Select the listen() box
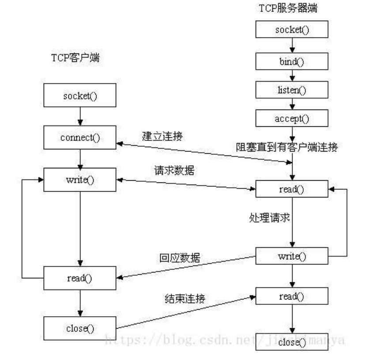tap(292, 90)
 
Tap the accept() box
tap(292, 118)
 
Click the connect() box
tap(80, 137)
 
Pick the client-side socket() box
tap(80, 96)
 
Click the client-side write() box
tap(80, 180)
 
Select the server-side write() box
tap(292, 256)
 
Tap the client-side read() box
tap(80, 278)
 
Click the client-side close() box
tap(80, 328)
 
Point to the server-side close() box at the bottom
tap(292, 342)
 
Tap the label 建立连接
tap(162, 136)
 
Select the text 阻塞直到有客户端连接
tap(286, 147)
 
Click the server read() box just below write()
tap(292, 296)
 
